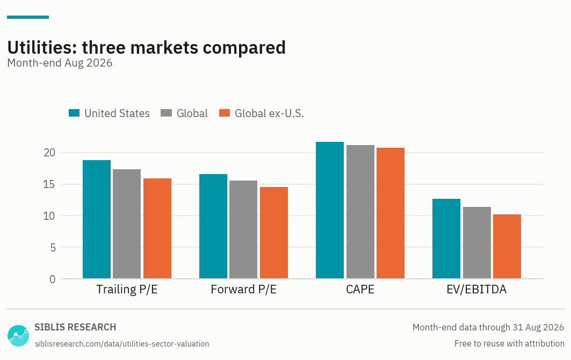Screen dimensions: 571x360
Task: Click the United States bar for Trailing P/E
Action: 97,219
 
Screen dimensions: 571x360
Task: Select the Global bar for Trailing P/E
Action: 127,224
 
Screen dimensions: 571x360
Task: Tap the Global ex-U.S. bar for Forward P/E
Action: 274,233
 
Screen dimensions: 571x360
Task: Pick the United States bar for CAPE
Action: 330,210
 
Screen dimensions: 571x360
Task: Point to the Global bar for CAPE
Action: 360,212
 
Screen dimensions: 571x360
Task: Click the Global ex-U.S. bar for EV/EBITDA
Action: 507,247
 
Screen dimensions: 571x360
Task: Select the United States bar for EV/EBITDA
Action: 446,239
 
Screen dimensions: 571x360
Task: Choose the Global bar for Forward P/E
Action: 243,229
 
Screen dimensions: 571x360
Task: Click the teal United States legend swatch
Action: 74,113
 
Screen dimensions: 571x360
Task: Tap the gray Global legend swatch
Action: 166,113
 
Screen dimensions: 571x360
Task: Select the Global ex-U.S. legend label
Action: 269,113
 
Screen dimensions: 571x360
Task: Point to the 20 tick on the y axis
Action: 49,153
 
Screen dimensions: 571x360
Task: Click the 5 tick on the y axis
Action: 53,247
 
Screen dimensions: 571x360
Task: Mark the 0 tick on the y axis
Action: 53,279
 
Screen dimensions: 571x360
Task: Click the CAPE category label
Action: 360,289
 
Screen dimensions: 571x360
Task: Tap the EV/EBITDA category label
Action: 476,289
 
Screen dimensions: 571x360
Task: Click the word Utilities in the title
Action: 42,47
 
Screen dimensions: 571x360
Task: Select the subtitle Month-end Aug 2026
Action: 60,63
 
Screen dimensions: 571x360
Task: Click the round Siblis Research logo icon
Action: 18,336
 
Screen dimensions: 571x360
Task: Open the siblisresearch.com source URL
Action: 122,343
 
